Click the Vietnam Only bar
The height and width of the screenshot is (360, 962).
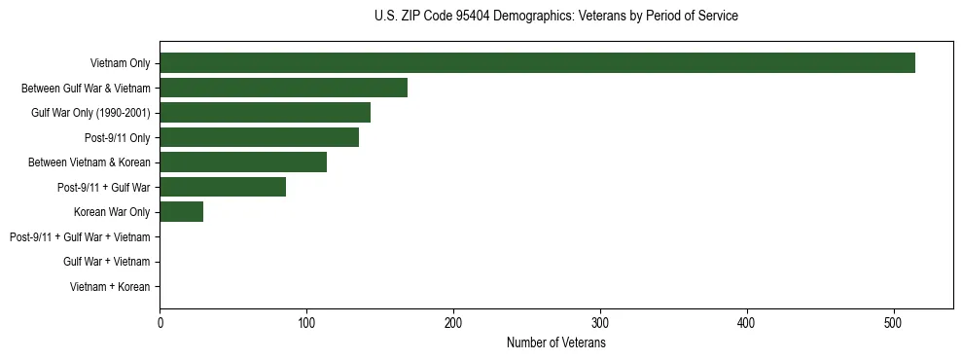pos(537,63)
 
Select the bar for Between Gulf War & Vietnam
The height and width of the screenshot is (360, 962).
pos(283,88)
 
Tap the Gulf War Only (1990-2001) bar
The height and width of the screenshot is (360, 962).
pos(265,113)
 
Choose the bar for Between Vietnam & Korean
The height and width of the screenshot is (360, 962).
pos(243,162)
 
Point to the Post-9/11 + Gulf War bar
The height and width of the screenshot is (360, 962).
pos(223,187)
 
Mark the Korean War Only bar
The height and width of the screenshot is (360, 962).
pos(181,212)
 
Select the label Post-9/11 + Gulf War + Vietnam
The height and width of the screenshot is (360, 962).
pos(80,237)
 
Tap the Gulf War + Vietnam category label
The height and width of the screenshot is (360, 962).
pos(107,262)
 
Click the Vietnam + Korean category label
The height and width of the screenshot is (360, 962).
pos(110,287)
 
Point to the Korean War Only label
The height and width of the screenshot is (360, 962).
pos(112,212)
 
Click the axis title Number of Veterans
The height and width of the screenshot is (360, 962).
pos(555,342)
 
